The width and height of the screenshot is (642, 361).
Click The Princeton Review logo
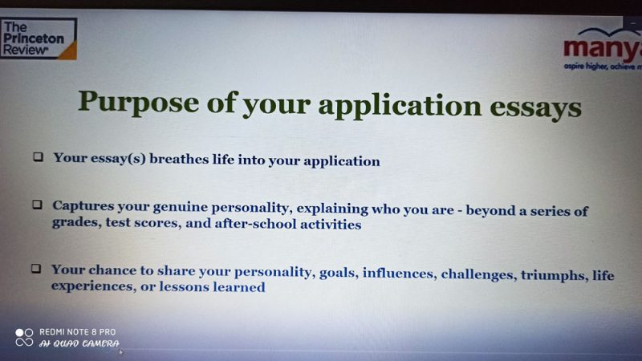[39, 39]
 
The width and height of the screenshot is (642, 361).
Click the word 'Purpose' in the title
[138, 102]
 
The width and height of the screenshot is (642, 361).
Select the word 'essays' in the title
[535, 107]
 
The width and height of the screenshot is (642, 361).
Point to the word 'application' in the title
[400, 106]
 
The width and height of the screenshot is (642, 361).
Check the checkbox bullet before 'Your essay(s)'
[38, 156]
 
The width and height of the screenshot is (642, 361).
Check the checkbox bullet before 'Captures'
[37, 205]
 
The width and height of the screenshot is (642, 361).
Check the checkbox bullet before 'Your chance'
[36, 269]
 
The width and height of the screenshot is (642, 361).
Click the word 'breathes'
[179, 159]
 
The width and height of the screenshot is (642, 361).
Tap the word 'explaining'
[332, 209]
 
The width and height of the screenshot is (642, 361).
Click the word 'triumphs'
[553, 275]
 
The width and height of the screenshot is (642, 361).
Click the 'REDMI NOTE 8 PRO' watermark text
[77, 332]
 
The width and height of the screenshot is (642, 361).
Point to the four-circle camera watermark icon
[24, 337]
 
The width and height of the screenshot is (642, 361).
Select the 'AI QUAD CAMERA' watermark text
[79, 343]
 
